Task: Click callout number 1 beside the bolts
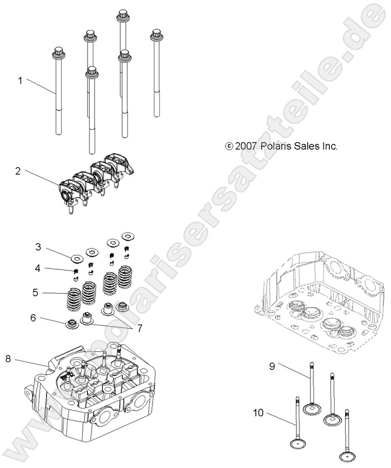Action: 20,80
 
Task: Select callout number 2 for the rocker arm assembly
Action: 18,171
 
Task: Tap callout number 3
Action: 38,246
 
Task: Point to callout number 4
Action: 38,268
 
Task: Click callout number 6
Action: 33,317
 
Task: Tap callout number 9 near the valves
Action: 272,366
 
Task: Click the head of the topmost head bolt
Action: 123,15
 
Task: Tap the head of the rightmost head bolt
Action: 157,35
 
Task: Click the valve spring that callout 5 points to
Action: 75,299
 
